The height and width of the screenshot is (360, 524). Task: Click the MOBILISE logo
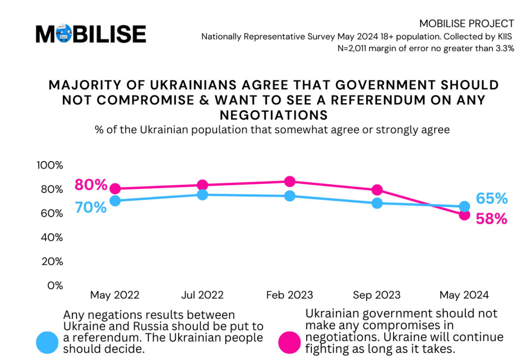click(91, 34)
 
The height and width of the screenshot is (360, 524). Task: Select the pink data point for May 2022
click(115, 189)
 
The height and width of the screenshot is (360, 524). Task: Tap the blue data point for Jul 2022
click(202, 195)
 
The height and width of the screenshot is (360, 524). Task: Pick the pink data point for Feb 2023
click(290, 181)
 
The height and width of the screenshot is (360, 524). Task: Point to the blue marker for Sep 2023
click(377, 203)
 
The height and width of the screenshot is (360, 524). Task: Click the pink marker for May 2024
click(464, 215)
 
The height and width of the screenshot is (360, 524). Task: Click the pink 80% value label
click(91, 185)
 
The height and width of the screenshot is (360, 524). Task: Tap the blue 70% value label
click(91, 208)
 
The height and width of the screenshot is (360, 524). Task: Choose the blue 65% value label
click(492, 198)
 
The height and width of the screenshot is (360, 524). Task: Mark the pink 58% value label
click(492, 219)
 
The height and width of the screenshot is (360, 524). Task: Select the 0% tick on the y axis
click(55, 285)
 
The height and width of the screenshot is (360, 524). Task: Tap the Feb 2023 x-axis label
click(290, 295)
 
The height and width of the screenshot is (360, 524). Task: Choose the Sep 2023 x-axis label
click(377, 295)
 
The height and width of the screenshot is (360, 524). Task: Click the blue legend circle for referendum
click(47, 342)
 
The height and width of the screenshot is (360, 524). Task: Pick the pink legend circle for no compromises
click(290, 342)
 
